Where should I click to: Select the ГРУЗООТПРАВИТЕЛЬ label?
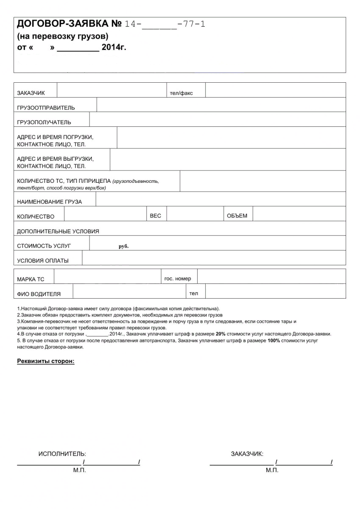click(x=46, y=108)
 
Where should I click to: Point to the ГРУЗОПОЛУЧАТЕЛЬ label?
click(x=44, y=122)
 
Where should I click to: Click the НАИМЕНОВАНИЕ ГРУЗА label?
click(x=49, y=201)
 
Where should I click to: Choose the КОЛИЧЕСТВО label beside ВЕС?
click(x=36, y=216)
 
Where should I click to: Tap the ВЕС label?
click(x=156, y=216)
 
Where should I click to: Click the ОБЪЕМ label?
click(x=237, y=216)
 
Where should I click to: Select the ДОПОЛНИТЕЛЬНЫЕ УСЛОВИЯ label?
click(x=58, y=231)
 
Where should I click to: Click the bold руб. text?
click(x=123, y=246)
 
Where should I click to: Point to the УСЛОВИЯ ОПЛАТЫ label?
click(x=42, y=260)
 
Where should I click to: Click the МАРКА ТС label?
click(x=31, y=279)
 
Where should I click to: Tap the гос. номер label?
click(x=178, y=279)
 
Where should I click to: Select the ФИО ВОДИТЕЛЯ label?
click(x=39, y=294)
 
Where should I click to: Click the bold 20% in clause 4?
click(x=220, y=334)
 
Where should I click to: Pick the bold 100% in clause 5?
click(x=273, y=340)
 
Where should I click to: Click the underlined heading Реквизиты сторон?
click(x=45, y=361)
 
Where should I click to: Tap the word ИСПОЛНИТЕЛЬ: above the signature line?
click(x=62, y=454)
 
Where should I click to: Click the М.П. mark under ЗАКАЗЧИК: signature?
click(x=272, y=470)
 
